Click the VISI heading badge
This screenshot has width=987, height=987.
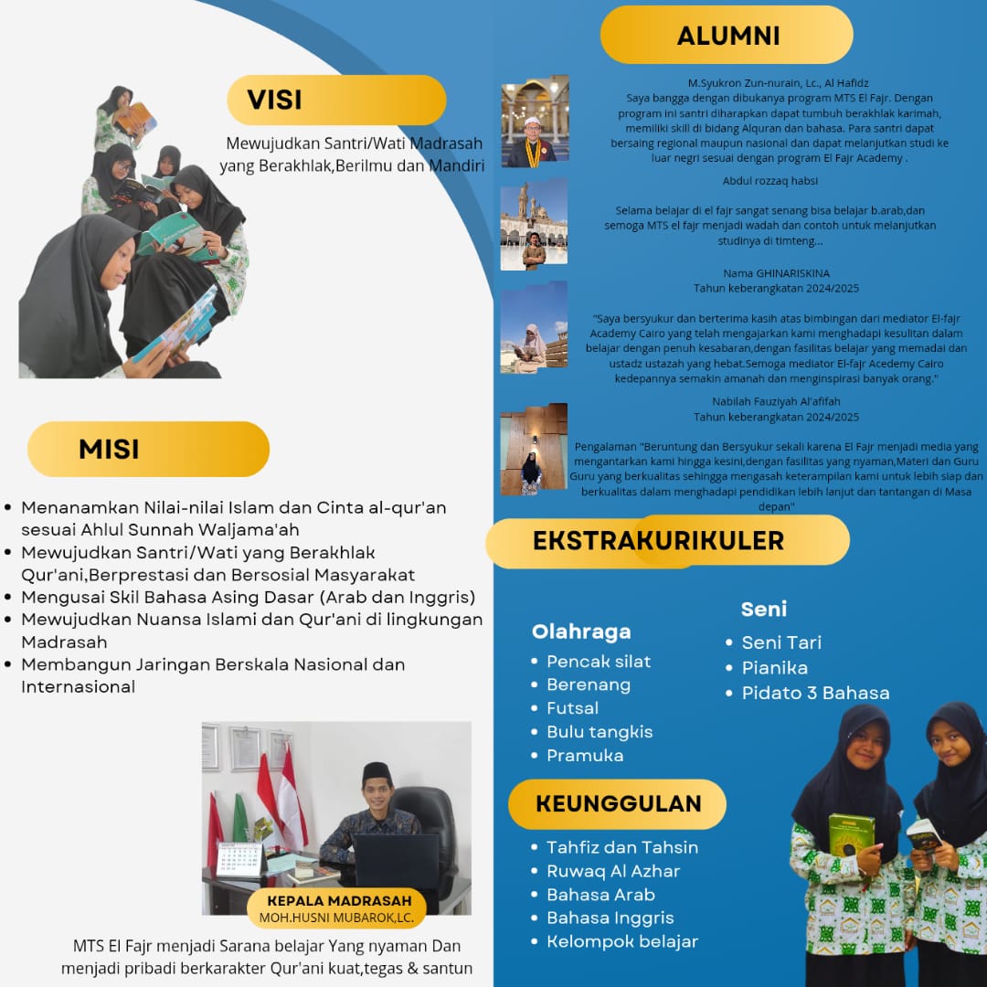[x=335, y=100]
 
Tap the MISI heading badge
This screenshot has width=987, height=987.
[x=148, y=449]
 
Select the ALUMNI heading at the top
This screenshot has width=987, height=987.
[x=727, y=36]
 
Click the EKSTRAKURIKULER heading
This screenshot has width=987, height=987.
[x=658, y=540]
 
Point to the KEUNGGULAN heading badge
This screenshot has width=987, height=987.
[x=618, y=804]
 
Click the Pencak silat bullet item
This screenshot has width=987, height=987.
[x=599, y=661]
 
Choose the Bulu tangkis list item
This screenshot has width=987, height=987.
[x=600, y=731]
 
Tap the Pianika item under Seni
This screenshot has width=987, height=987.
[x=774, y=667]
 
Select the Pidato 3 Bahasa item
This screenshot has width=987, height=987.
[x=815, y=693]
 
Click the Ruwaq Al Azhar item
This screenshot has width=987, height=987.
[x=613, y=871]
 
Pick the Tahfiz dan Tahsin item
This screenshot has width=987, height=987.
[x=622, y=847]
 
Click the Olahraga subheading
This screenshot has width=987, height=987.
[x=581, y=631]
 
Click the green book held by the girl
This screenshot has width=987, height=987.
[x=851, y=833]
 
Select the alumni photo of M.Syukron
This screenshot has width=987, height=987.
[x=535, y=122]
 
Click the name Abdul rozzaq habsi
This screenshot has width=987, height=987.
[x=770, y=181]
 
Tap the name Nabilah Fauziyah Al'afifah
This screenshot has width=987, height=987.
[x=776, y=401]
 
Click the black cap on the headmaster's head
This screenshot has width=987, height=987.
[x=377, y=769]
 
